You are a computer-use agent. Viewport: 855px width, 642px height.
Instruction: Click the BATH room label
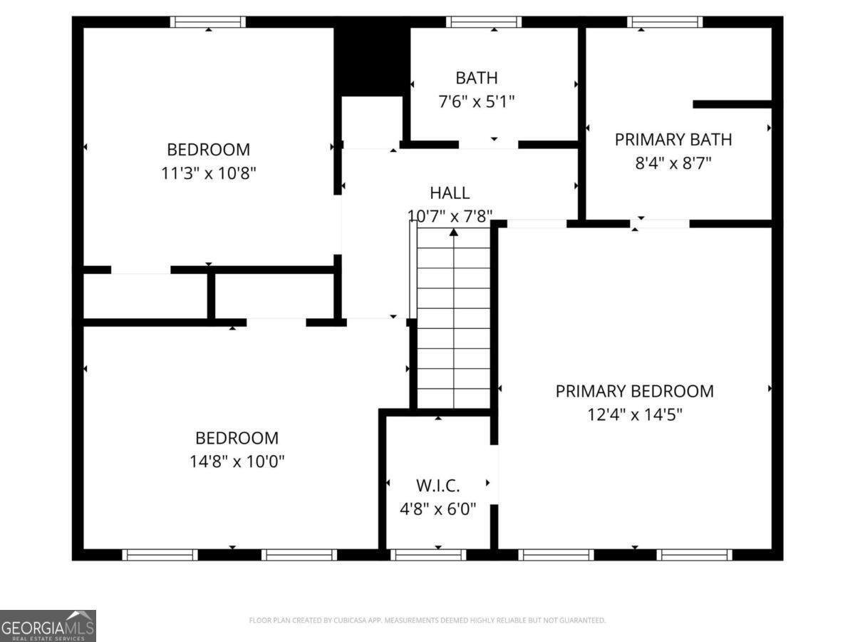477,78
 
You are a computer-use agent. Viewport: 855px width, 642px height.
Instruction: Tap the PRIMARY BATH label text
673,139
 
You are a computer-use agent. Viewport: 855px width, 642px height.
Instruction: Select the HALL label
450,193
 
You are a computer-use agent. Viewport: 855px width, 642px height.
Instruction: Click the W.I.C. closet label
437,486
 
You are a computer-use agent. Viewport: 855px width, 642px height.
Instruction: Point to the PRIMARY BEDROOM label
634,391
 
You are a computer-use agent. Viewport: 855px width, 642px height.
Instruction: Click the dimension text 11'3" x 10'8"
209,173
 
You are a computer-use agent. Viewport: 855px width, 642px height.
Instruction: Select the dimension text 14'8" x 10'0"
237,461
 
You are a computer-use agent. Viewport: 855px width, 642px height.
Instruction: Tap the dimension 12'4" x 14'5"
634,414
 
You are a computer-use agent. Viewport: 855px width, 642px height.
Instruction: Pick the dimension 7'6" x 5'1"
477,101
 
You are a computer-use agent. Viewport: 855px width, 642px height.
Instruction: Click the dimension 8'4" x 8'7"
673,163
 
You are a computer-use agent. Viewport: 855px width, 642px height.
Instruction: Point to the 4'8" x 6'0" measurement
437,509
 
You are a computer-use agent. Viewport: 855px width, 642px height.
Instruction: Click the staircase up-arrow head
454,232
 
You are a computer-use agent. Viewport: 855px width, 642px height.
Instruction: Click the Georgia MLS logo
48,626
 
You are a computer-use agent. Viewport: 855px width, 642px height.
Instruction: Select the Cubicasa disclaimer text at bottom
427,621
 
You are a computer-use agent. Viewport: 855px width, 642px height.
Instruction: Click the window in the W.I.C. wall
429,554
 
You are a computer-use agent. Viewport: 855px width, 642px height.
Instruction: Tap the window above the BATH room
484,22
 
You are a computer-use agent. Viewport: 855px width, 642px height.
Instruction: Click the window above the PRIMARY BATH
665,22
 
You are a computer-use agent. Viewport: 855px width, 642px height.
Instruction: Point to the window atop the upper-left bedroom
208,22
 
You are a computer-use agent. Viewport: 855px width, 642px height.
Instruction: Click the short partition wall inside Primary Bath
732,104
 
